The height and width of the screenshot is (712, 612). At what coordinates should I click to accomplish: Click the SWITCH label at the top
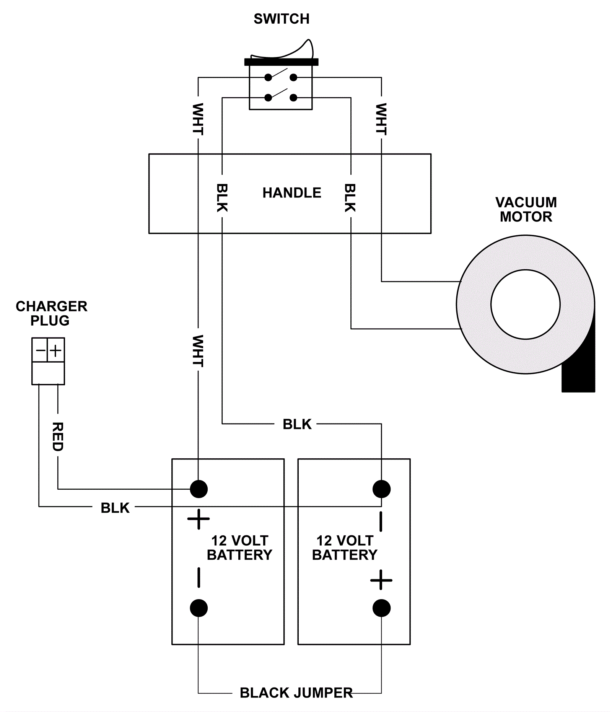click(x=282, y=19)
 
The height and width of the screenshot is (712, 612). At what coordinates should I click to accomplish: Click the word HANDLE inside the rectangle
click(x=292, y=193)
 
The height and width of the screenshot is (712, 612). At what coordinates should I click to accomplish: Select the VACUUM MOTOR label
click(x=526, y=209)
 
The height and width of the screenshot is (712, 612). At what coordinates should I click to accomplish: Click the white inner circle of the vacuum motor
click(x=526, y=305)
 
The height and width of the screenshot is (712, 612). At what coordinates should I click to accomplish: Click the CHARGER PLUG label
click(x=51, y=313)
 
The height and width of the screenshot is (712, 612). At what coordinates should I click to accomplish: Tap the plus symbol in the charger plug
click(x=56, y=350)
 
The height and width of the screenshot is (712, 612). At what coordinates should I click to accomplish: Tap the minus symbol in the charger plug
click(x=40, y=350)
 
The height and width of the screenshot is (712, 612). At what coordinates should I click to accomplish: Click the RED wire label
click(x=58, y=437)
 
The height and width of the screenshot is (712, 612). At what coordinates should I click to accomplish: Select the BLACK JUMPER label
click(x=296, y=693)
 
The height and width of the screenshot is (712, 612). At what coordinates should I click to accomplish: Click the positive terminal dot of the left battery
click(x=199, y=489)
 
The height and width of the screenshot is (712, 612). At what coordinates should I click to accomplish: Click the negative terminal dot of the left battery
click(x=199, y=608)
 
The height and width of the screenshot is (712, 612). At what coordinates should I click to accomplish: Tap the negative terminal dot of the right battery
click(x=381, y=489)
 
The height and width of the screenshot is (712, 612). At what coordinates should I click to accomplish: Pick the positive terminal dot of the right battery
click(x=381, y=608)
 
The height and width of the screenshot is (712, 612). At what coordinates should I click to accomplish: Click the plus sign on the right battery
click(x=381, y=580)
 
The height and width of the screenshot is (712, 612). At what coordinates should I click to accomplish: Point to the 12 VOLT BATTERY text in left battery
click(x=239, y=547)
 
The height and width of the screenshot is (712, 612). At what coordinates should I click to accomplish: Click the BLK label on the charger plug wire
click(x=115, y=508)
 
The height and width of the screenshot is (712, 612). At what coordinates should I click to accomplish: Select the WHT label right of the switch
click(x=381, y=119)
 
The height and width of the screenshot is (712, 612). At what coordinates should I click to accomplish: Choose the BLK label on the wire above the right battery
click(x=297, y=424)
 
